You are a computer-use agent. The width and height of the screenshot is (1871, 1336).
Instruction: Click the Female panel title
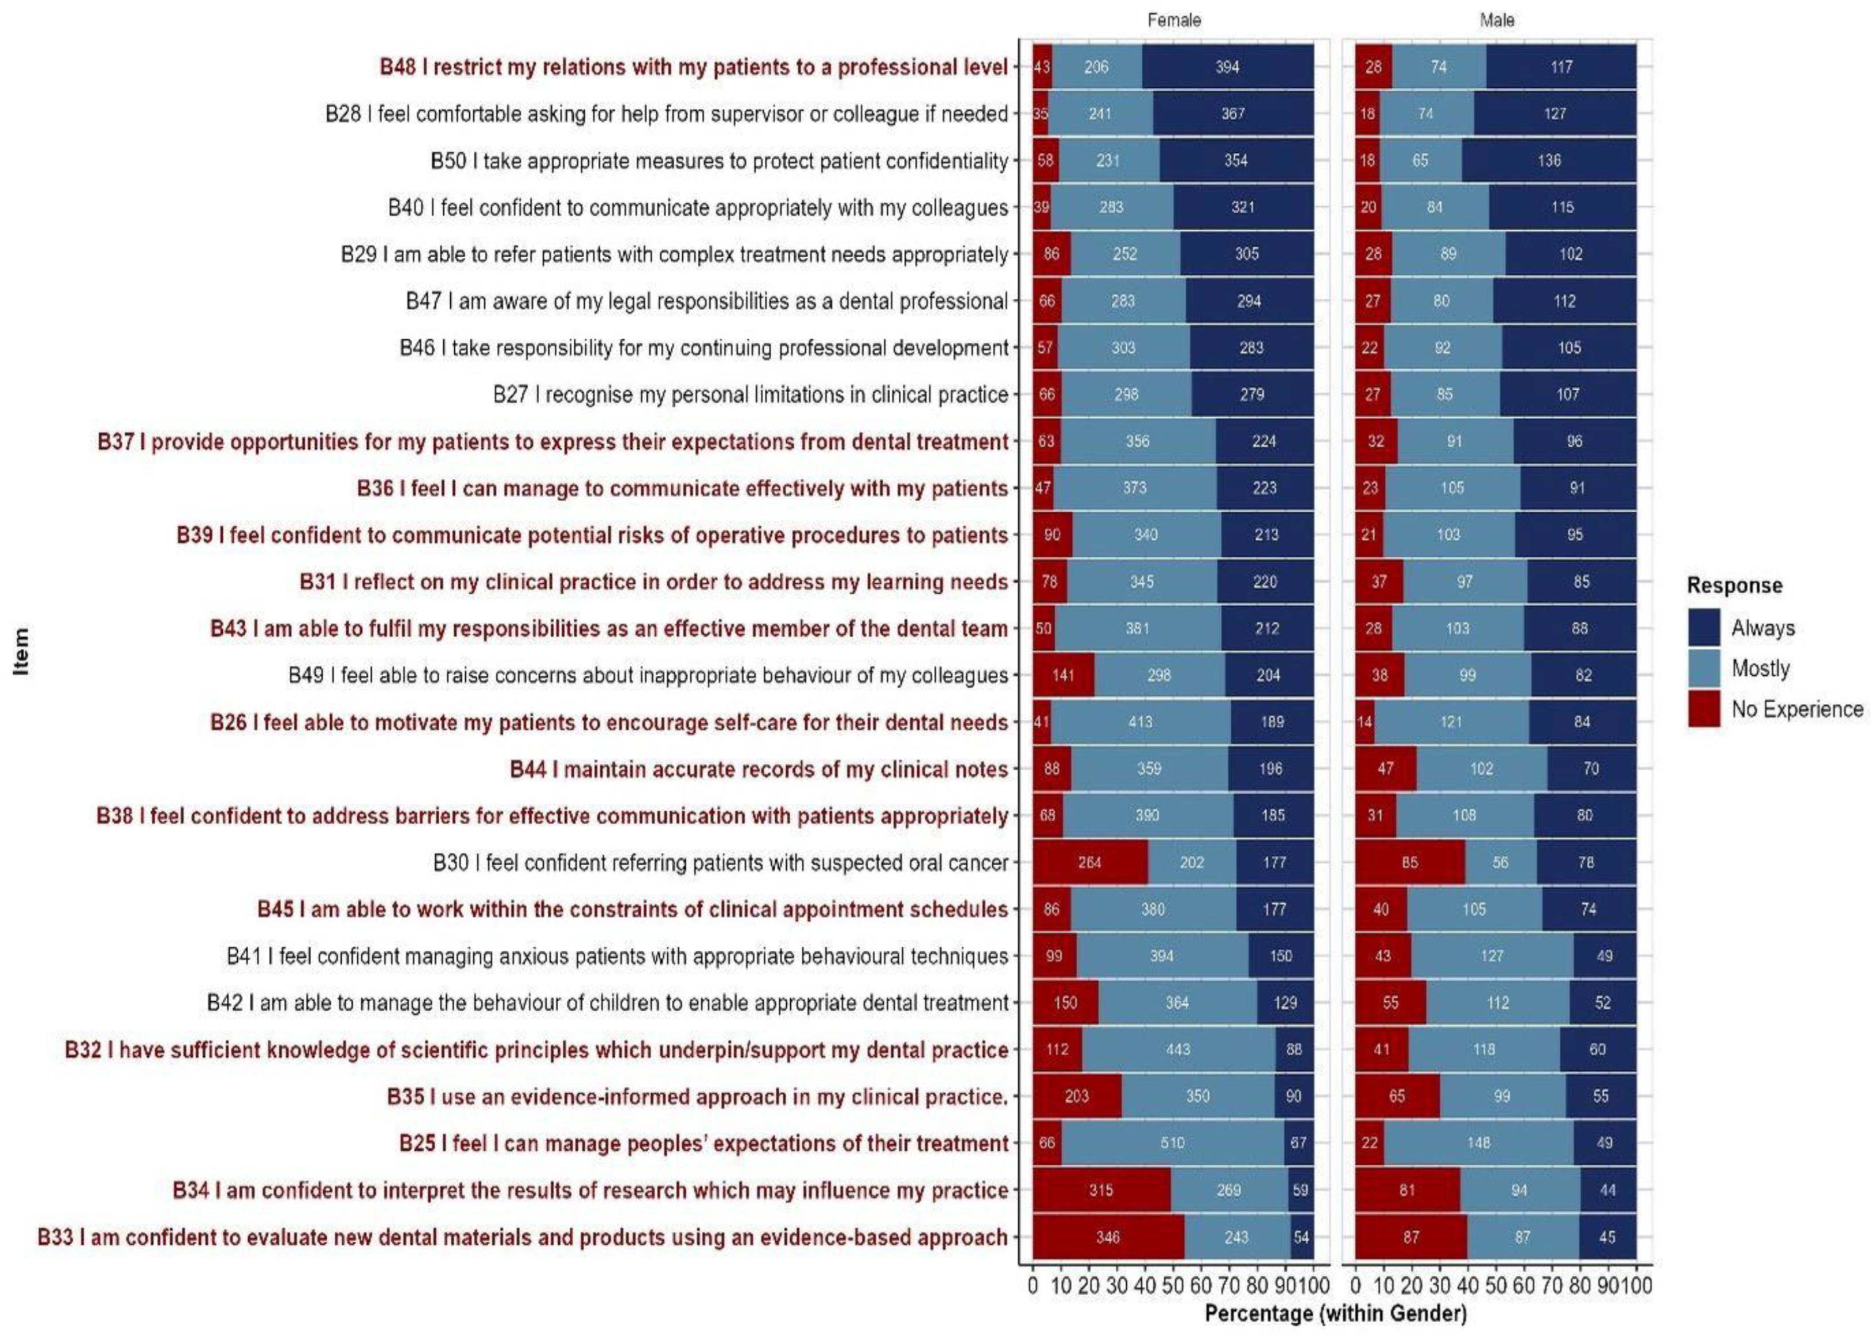(1173, 20)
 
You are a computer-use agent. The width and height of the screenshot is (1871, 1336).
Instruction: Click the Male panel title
(1496, 20)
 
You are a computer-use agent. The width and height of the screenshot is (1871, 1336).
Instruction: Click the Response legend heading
(1734, 585)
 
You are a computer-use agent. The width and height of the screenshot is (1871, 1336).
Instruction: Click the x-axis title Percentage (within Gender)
(1335, 1313)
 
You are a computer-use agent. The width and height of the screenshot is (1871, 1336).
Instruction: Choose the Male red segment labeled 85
(1409, 862)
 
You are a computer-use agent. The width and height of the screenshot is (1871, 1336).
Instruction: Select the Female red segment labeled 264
(1089, 862)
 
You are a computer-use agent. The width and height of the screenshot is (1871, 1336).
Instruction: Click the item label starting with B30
(720, 862)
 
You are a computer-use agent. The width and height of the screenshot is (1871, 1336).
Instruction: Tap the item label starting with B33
(523, 1237)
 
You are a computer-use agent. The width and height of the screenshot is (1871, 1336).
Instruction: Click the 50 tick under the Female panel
(1173, 1285)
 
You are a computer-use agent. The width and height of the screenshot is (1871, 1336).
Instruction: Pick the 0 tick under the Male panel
(1356, 1285)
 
